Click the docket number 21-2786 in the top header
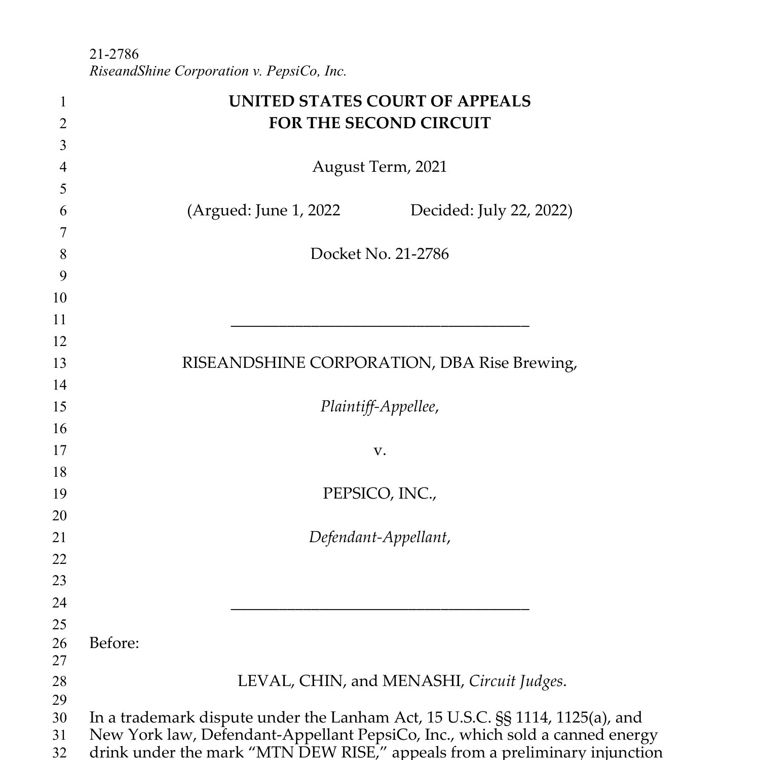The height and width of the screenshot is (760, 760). pos(114,54)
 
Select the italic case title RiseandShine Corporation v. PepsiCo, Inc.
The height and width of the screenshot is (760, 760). pos(218,71)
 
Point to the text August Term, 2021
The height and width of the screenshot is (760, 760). pos(379,167)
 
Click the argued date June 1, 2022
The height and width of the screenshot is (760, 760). pos(297,210)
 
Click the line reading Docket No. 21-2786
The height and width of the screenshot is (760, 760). pos(379,254)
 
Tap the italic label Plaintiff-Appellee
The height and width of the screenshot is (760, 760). pos(378,406)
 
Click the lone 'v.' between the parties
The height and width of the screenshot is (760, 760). pos(379,450)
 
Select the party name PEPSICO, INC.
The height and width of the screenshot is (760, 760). pos(379,493)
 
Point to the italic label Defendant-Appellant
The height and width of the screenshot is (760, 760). pos(378,537)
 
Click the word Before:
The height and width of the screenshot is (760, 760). pos(114,643)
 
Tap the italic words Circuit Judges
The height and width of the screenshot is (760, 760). pos(517,681)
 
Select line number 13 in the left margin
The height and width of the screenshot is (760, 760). pos(60,363)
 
